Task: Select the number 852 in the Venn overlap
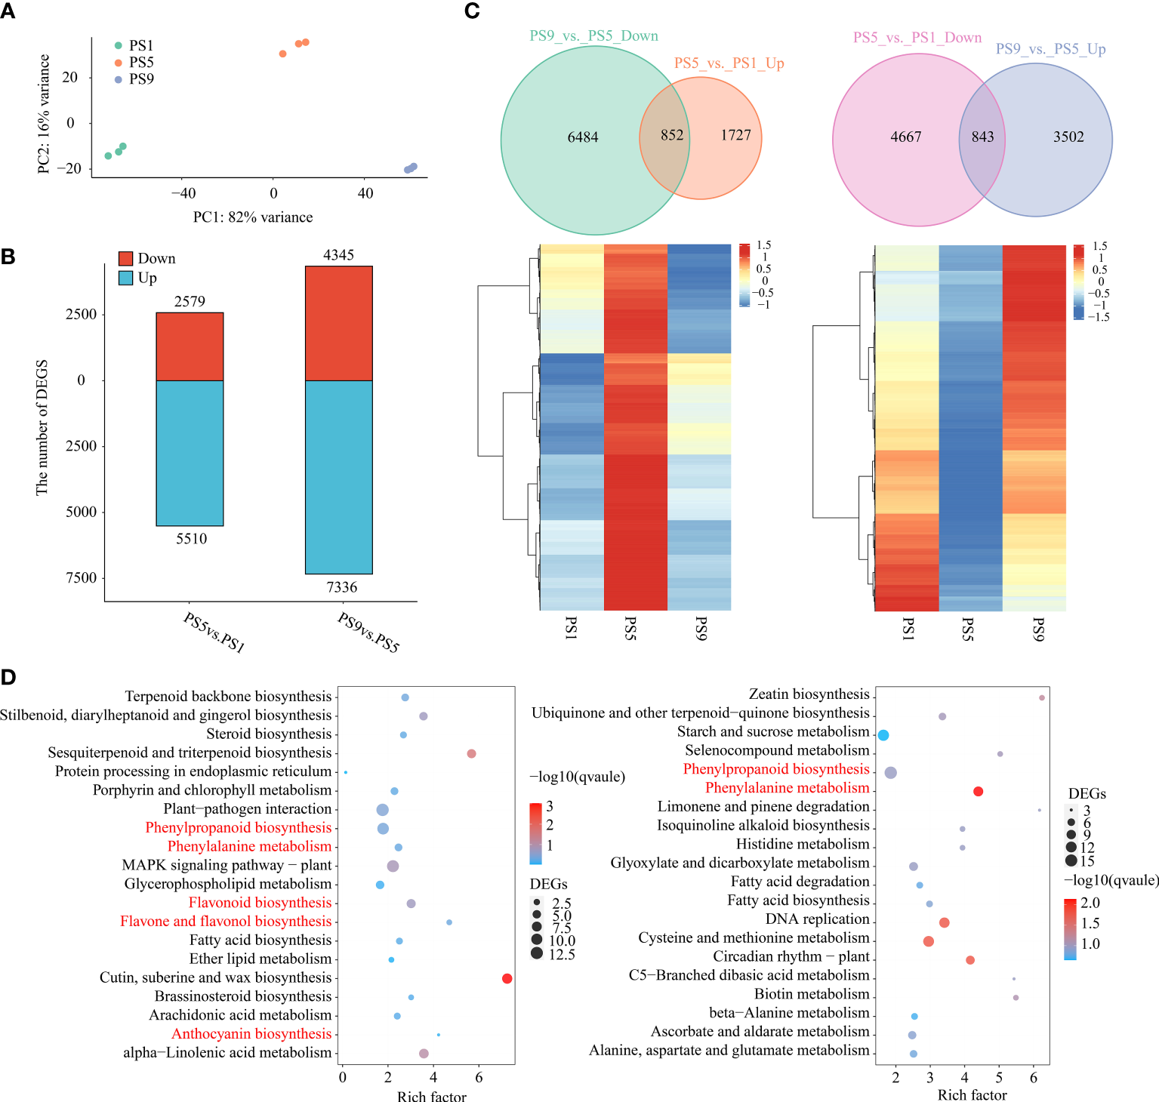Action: pyautogui.click(x=671, y=135)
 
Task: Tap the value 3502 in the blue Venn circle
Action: pyautogui.click(x=1068, y=137)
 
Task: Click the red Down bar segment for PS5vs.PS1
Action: pyautogui.click(x=190, y=346)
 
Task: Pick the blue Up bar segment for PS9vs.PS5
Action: pyautogui.click(x=338, y=476)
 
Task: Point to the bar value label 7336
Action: pyautogui.click(x=341, y=587)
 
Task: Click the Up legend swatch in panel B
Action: pyautogui.click(x=125, y=278)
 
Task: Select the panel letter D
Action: pyautogui.click(x=8, y=676)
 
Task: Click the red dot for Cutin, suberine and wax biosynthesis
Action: pyautogui.click(x=507, y=978)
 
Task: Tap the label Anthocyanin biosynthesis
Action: pyautogui.click(x=251, y=1033)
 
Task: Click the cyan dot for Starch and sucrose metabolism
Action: pyautogui.click(x=883, y=735)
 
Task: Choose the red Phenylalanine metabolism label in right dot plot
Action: pyautogui.click(x=787, y=787)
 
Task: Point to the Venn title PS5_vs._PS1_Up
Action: pyautogui.click(x=729, y=63)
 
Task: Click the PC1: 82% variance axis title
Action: pyautogui.click(x=253, y=217)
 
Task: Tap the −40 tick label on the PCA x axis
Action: pyautogui.click(x=183, y=193)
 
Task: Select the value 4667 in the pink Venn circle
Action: pyautogui.click(x=905, y=137)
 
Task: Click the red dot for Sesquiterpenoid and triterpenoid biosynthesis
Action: pyautogui.click(x=471, y=753)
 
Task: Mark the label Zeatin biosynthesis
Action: pyautogui.click(x=809, y=694)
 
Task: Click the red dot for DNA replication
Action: pyautogui.click(x=944, y=922)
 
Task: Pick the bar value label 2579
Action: pyautogui.click(x=190, y=302)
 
